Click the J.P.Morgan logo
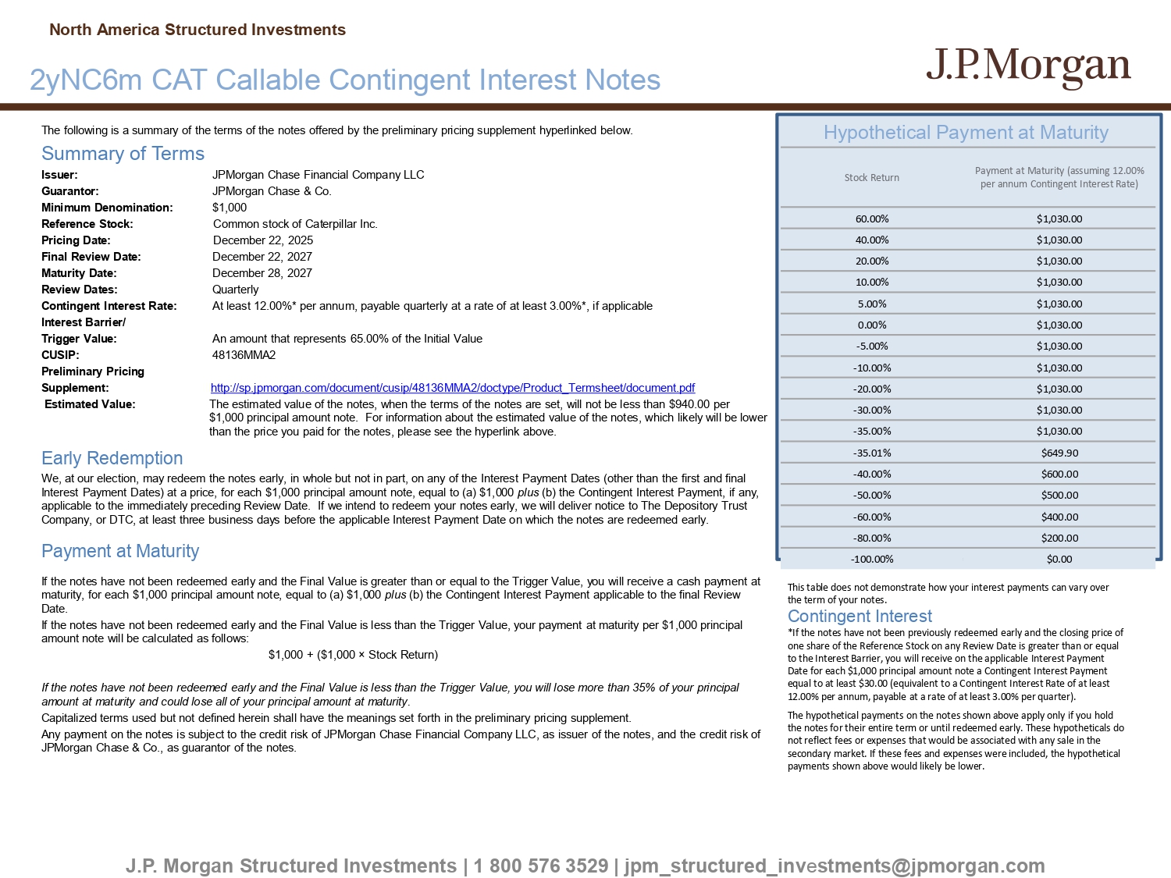tap(1028, 67)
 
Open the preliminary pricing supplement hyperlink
tap(453, 388)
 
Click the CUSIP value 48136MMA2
tap(244, 355)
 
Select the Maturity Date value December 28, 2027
tap(262, 273)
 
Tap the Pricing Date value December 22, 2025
tap(263, 240)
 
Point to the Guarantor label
tap(70, 191)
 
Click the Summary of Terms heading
tap(123, 154)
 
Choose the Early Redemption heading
tap(112, 458)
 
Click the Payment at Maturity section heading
tap(120, 551)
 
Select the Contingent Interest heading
tap(860, 617)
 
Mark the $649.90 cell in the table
tap(1059, 453)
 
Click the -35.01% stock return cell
tap(872, 453)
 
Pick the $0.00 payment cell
tap(1059, 560)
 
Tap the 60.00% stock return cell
tap(872, 219)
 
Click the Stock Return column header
tap(872, 178)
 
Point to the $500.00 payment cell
tap(1059, 496)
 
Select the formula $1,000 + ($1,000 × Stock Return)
tap(353, 655)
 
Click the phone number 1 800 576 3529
tap(540, 866)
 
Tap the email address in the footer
tap(834, 866)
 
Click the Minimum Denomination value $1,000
tap(230, 208)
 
